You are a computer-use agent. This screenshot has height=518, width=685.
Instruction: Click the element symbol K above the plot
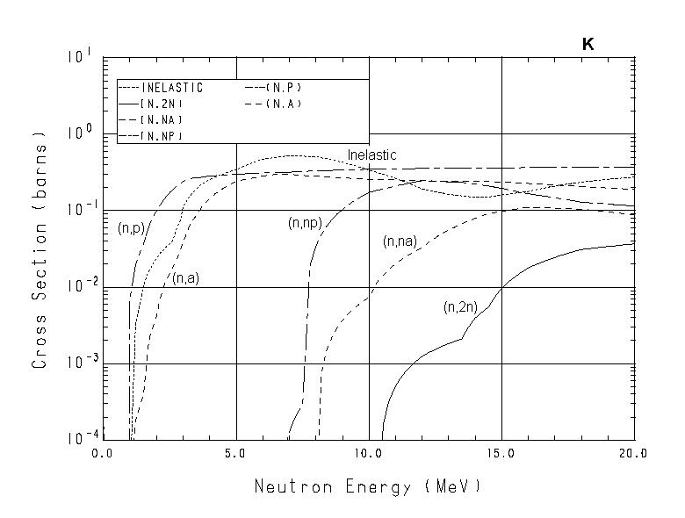coord(588,45)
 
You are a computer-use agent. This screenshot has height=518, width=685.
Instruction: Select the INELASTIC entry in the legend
coord(171,88)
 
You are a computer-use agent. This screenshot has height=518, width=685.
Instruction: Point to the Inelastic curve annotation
coord(371,155)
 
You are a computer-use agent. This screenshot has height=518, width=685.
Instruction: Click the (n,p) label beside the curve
coord(129,227)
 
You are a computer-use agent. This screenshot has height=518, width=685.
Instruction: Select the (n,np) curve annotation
coord(304,224)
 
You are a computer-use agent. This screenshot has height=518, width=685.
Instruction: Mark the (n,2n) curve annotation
coord(459,307)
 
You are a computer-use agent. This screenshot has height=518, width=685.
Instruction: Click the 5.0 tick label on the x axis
coord(236,454)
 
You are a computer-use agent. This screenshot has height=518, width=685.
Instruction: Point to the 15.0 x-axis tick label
coord(501,454)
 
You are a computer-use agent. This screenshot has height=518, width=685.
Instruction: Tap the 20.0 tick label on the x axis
coord(633,454)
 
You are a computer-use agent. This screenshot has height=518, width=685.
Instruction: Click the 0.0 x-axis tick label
coord(104,454)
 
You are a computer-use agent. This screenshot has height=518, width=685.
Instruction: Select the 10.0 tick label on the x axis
coord(368,454)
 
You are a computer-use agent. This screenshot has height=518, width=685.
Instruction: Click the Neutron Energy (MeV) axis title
coord(368,486)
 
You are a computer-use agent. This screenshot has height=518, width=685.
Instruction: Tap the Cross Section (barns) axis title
coord(40,250)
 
